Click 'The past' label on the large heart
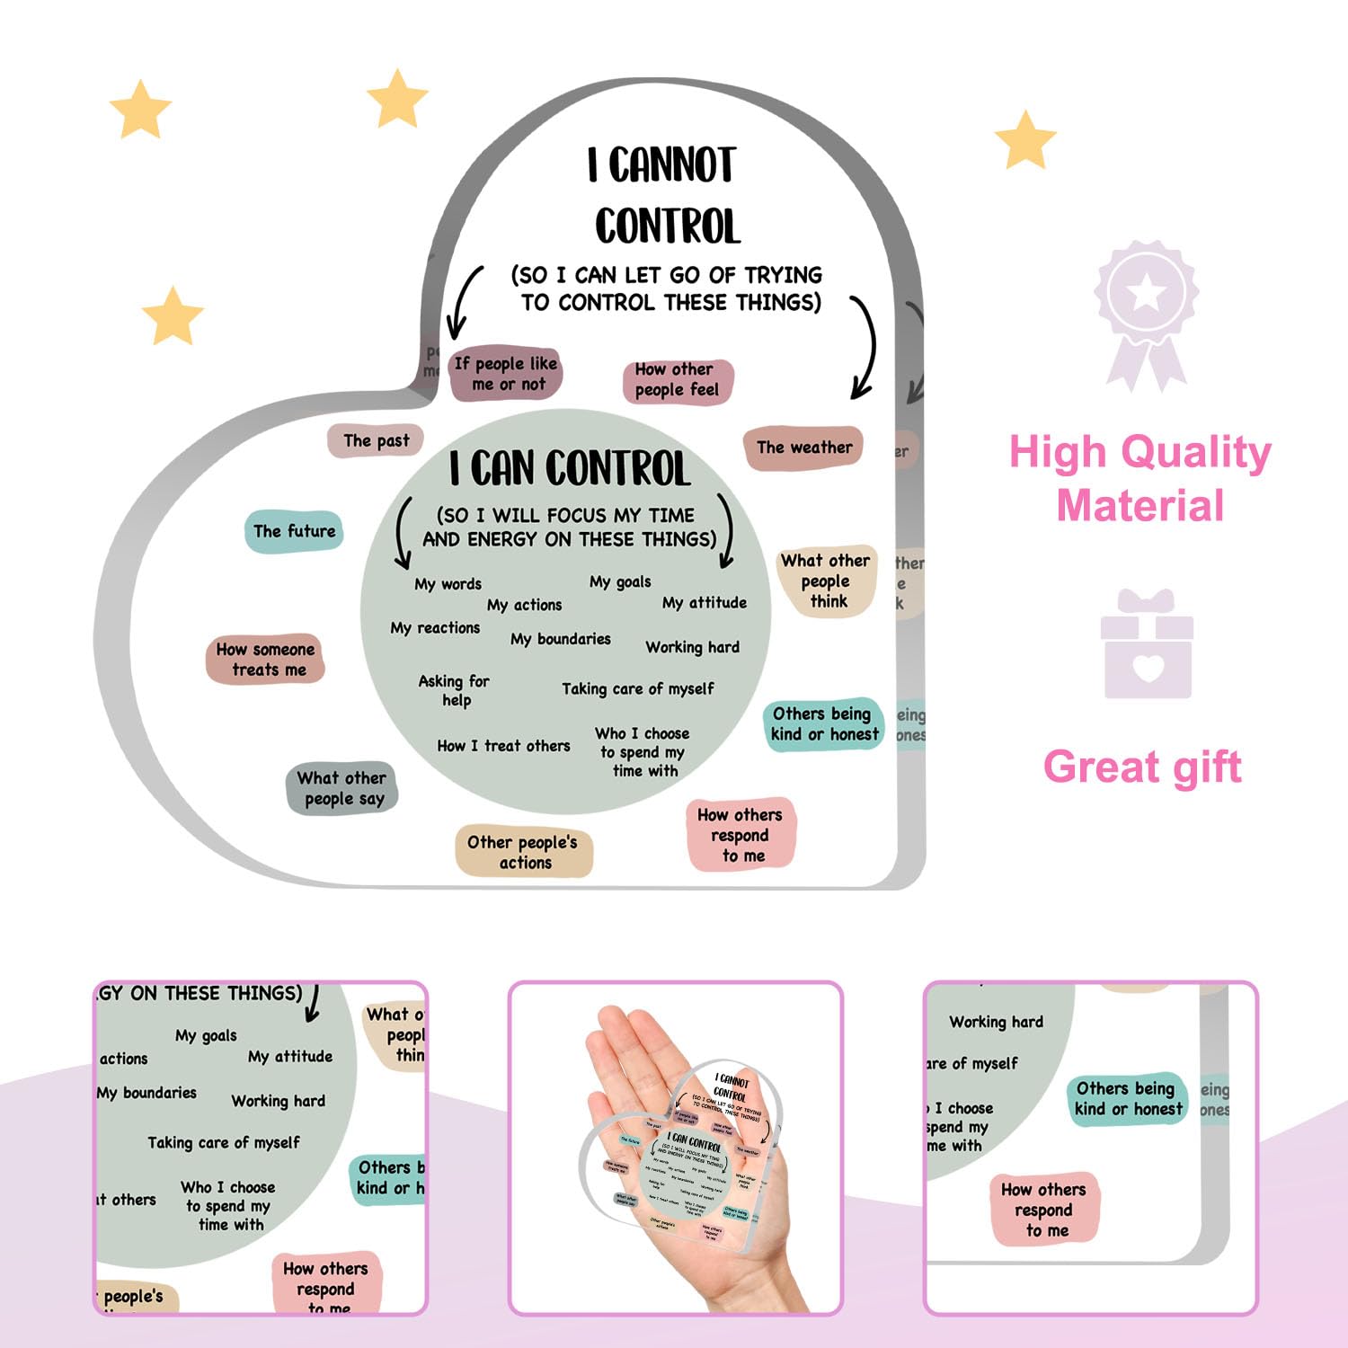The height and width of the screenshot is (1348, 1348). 376,440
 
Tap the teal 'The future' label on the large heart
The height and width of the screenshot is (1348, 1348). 294,531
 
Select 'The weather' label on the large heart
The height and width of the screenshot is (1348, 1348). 803,448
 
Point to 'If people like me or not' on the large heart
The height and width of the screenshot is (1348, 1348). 506,374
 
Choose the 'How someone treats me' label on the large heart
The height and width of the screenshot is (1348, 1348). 265,659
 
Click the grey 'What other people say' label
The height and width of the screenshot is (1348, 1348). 342,788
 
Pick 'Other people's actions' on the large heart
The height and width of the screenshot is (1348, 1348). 523,852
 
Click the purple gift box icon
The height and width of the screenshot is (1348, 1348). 1147,644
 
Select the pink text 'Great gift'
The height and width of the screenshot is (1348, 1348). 1142,767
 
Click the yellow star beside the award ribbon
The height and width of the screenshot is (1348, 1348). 1025,140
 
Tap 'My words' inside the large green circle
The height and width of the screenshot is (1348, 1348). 448,584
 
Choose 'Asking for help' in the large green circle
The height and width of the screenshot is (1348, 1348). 454,690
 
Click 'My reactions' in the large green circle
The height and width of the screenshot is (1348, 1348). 435,628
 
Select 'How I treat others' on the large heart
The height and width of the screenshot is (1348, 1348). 503,746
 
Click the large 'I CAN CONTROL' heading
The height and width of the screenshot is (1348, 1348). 570,469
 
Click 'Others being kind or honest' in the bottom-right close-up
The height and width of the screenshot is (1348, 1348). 1128,1098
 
